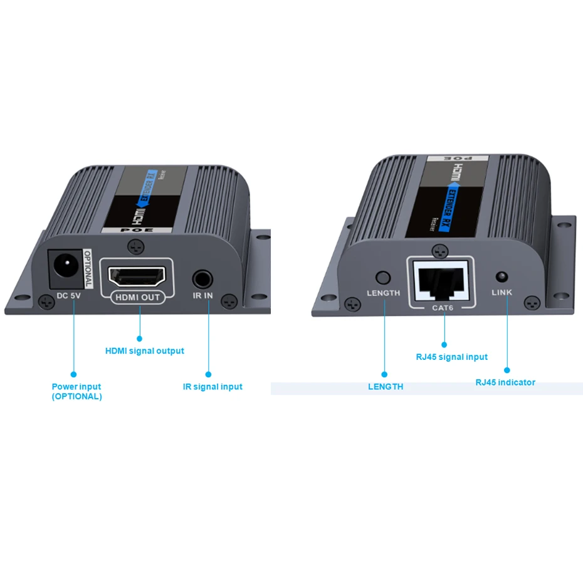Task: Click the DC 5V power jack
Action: [65, 265]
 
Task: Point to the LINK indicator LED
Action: [502, 276]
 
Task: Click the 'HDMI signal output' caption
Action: [145, 351]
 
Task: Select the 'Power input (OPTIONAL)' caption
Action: [76, 392]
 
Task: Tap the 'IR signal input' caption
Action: [213, 387]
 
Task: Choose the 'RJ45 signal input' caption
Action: [451, 357]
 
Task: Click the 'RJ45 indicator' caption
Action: [505, 382]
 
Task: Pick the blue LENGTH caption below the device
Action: [386, 387]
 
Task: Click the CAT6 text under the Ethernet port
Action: [443, 307]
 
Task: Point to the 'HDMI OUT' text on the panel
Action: [137, 297]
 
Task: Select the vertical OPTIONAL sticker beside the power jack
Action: [87, 268]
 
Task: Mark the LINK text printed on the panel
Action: [502, 293]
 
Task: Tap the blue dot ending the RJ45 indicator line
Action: [507, 370]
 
